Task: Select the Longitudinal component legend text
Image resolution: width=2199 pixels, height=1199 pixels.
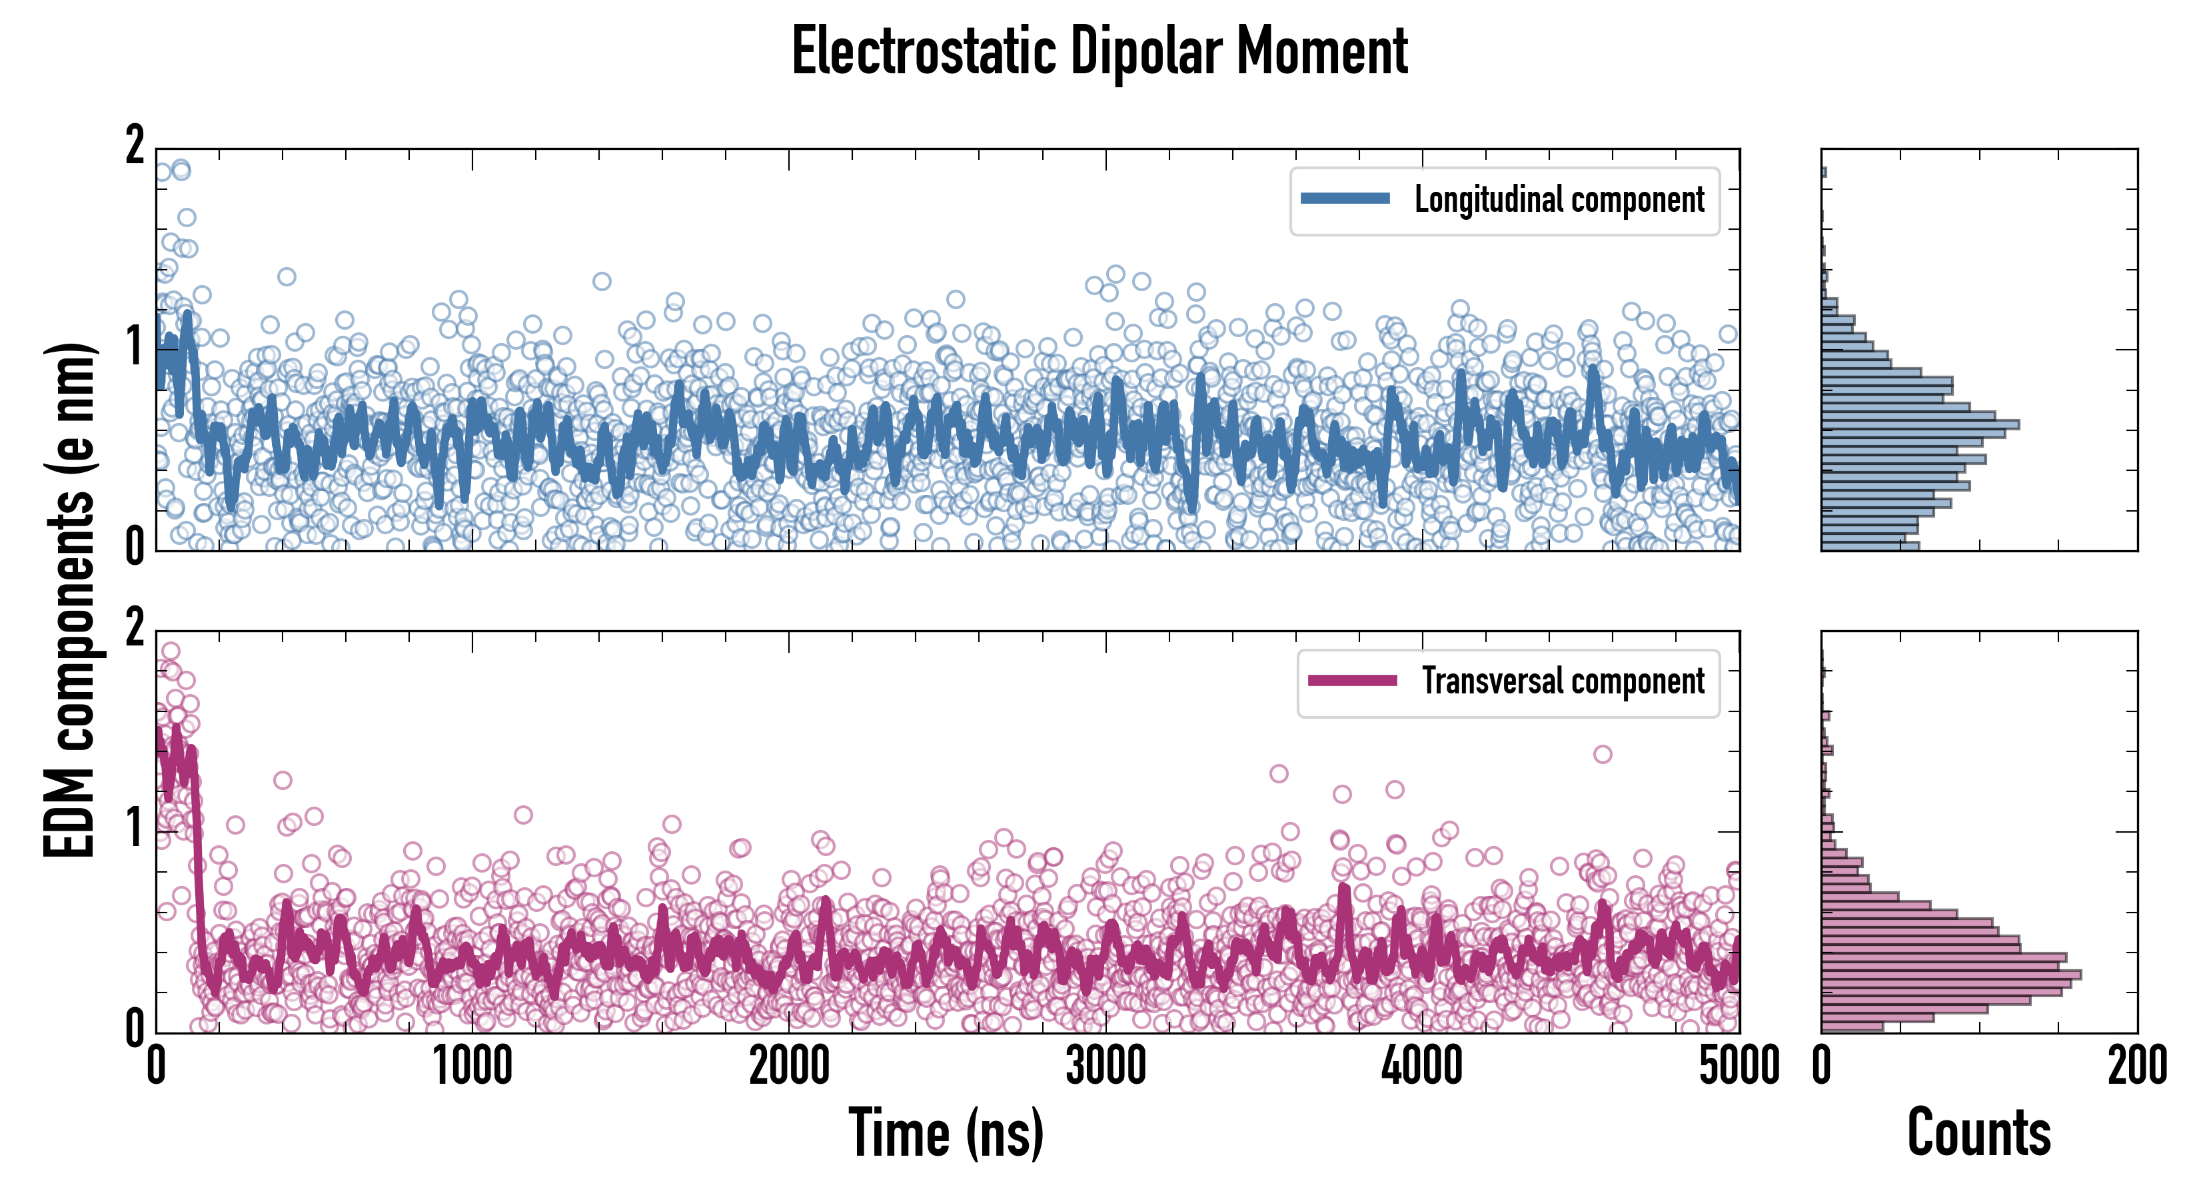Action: (1559, 200)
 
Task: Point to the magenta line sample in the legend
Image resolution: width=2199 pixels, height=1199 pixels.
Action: (1352, 680)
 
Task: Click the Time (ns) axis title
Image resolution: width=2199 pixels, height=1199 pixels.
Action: (946, 1132)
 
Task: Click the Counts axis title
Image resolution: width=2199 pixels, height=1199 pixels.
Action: (1978, 1132)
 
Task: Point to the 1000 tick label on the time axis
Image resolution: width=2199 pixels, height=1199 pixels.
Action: (472, 1066)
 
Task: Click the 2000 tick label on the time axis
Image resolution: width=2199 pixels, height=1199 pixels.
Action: (789, 1066)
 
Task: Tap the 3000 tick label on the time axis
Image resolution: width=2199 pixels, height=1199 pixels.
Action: (1105, 1066)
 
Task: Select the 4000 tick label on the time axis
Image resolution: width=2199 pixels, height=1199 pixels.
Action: (1422, 1066)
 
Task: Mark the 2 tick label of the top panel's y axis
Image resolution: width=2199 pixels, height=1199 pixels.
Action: (135, 147)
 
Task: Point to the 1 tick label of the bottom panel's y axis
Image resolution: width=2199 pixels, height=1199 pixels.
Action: (135, 829)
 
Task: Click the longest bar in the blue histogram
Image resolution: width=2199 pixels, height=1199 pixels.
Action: (1920, 424)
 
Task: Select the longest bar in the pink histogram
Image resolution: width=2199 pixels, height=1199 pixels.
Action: (1950, 975)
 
